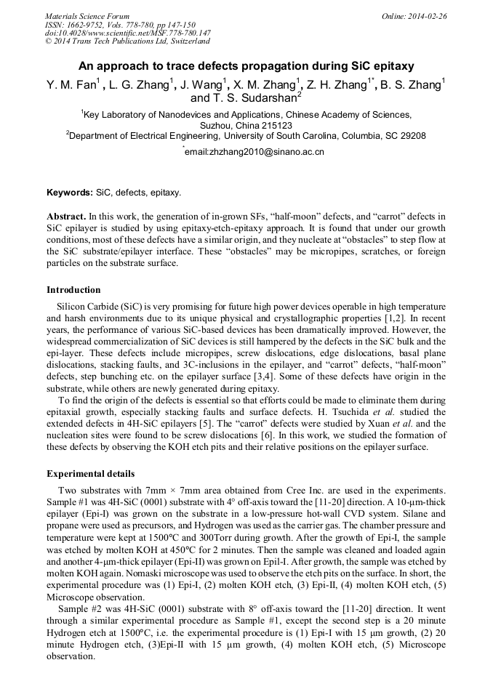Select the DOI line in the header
pyautogui.click(x=127, y=33)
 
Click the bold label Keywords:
pyautogui.click(x=70, y=193)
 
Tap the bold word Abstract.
pyautogui.click(x=65, y=217)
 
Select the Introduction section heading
pyautogui.click(x=73, y=290)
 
